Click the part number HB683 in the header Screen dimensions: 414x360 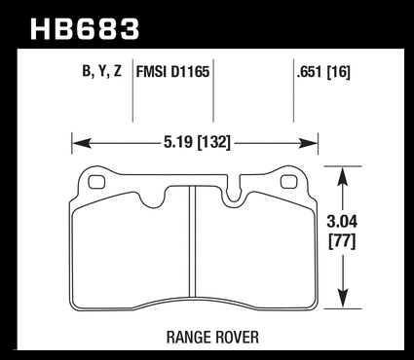(85, 29)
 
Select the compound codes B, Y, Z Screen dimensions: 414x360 (102, 71)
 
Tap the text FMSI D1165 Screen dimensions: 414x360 (172, 71)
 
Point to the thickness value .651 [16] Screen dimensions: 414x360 (323, 72)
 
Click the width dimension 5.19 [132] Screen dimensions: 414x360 (197, 142)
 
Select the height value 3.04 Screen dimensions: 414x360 (342, 222)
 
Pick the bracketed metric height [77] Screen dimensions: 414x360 (342, 241)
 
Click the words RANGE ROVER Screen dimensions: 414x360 (212, 338)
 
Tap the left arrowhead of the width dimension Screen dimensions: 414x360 (81, 143)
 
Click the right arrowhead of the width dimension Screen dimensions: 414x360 (308, 143)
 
